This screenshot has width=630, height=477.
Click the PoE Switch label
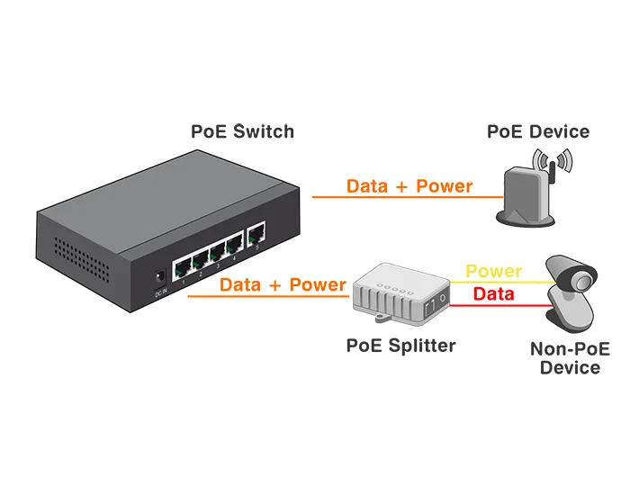click(x=242, y=131)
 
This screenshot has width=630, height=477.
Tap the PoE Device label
click(x=538, y=131)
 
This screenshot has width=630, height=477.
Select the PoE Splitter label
click(x=401, y=346)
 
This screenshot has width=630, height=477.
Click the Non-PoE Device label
click(x=570, y=358)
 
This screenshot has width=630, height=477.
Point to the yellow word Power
click(x=494, y=271)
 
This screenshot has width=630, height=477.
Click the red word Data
click(x=493, y=293)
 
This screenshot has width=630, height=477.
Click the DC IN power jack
click(x=160, y=278)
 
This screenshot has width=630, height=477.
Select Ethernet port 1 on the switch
click(x=183, y=268)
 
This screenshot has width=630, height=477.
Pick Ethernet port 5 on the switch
click(x=256, y=234)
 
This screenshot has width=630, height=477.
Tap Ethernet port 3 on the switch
click(x=218, y=253)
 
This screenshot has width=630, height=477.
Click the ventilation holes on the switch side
click(x=82, y=259)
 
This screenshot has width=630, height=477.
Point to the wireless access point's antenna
click(x=552, y=172)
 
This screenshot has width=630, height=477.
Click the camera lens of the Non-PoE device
click(x=580, y=282)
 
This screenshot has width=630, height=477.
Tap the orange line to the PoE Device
click(x=408, y=197)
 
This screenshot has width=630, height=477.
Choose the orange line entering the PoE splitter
click(x=268, y=296)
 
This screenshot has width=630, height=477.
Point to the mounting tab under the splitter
click(x=384, y=317)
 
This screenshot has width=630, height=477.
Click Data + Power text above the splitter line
click(x=283, y=284)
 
